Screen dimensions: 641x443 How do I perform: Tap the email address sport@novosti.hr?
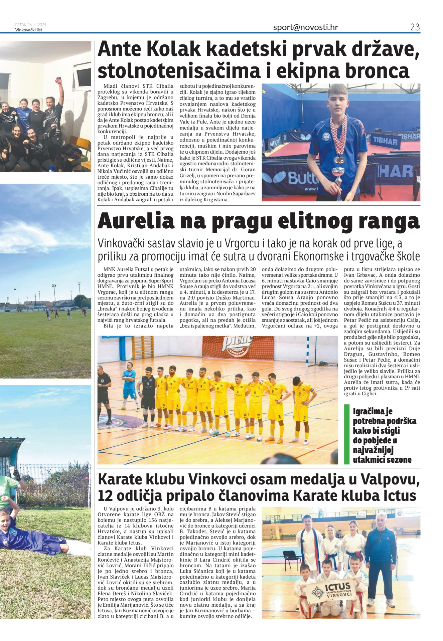305,27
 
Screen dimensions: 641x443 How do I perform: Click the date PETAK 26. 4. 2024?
31,25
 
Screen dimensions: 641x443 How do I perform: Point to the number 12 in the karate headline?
106,496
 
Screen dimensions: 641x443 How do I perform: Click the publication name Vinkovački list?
29,30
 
